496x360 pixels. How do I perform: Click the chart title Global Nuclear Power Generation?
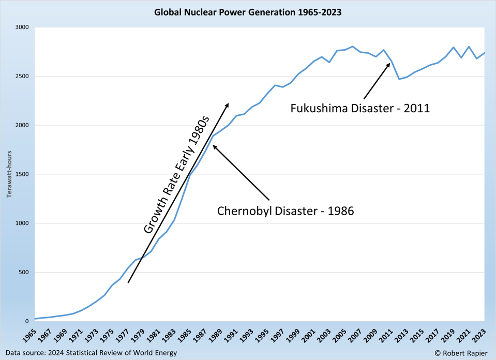(248, 12)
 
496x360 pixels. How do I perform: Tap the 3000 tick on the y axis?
(22, 27)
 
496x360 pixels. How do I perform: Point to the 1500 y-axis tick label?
(22, 174)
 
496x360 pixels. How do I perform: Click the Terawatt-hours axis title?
(9, 174)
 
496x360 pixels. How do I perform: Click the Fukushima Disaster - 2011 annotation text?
(360, 109)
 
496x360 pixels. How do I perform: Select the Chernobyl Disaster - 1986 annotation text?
(285, 211)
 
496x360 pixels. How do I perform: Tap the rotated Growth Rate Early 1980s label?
(175, 174)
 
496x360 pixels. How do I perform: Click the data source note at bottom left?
(91, 353)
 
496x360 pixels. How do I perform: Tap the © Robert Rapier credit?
(461, 353)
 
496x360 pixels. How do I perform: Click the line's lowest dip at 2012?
(399, 79)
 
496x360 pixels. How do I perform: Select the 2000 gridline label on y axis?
(22, 125)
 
